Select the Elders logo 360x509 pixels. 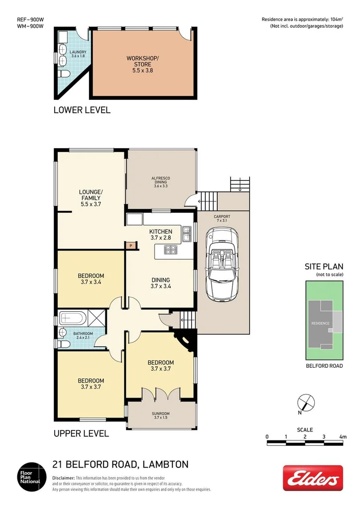[313, 478]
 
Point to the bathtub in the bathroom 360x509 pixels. [73, 317]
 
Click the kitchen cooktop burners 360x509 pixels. [169, 252]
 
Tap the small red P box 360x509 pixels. [131, 245]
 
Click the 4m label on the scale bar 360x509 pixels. [343, 436]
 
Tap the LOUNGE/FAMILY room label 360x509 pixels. [90, 197]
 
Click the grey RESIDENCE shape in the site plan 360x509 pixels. [321, 323]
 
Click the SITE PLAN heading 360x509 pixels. [324, 266]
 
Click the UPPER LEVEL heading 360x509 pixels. [81, 433]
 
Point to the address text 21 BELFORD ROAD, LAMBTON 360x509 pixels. [120, 465]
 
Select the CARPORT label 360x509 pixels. [222, 217]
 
